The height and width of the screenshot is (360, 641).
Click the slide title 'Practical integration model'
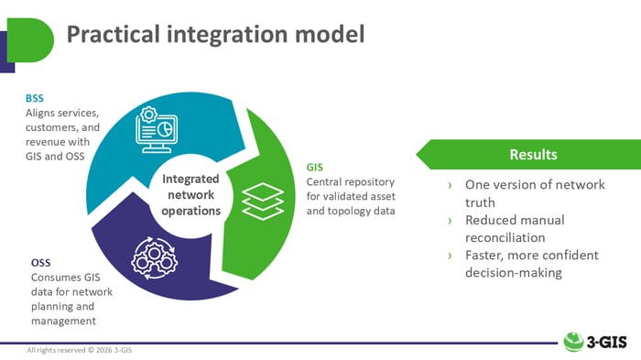pyautogui.click(x=215, y=35)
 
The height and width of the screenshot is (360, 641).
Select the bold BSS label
pyautogui.click(x=35, y=98)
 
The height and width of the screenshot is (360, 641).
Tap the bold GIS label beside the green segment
pyautogui.click(x=315, y=168)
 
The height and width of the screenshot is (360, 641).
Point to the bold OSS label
pyautogui.click(x=41, y=264)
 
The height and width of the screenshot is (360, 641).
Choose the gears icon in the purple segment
pyautogui.click(x=152, y=258)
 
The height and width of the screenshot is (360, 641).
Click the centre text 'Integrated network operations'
pyautogui.click(x=190, y=195)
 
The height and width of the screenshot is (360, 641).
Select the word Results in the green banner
pyautogui.click(x=533, y=154)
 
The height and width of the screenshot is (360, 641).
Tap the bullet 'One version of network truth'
pyautogui.click(x=534, y=192)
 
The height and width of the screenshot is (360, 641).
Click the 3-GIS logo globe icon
pyautogui.click(x=574, y=341)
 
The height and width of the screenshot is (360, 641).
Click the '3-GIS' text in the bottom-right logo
pyautogui.click(x=610, y=341)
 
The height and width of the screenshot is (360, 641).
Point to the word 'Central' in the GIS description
pyautogui.click(x=325, y=181)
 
